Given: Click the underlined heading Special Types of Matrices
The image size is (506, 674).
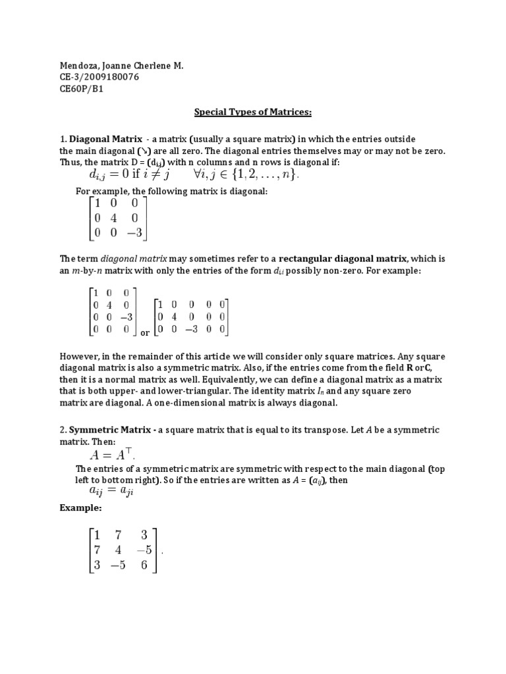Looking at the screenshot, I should click(x=252, y=112).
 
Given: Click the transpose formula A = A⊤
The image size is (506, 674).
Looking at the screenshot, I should click(x=113, y=455).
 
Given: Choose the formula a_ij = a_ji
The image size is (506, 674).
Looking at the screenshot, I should click(x=111, y=492).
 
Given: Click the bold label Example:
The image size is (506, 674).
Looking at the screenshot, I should click(x=80, y=509).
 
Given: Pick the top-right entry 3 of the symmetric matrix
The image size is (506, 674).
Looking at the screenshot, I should click(x=144, y=534).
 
